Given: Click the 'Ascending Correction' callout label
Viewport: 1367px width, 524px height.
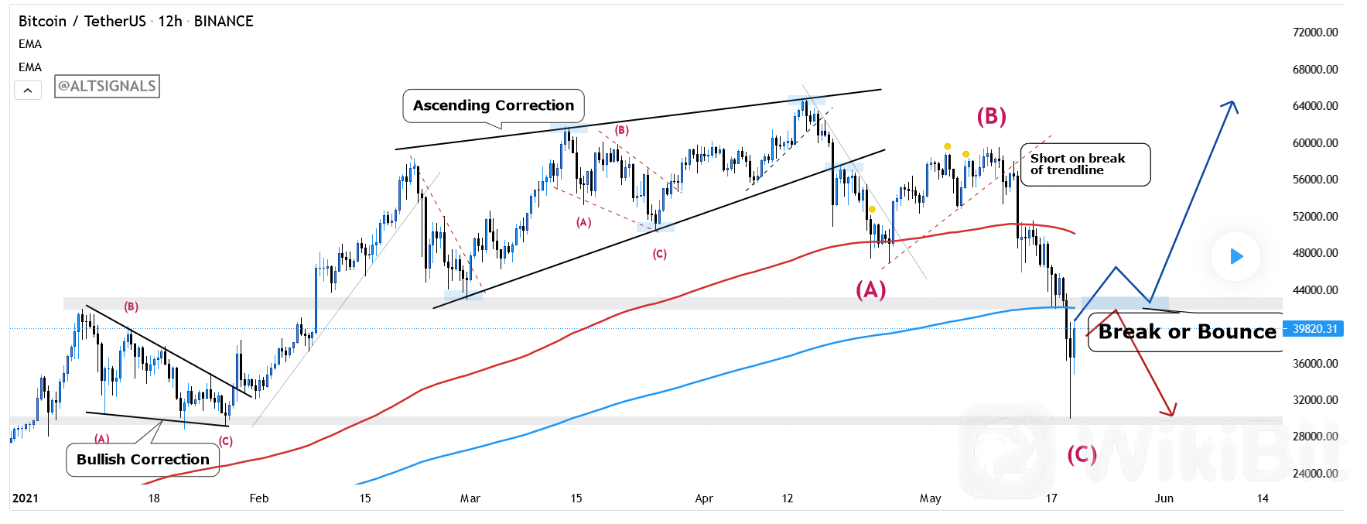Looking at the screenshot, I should pos(494,105).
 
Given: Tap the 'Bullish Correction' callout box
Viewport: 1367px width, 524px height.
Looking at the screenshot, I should pos(143,460).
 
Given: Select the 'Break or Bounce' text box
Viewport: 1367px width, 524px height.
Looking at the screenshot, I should pos(1187,332).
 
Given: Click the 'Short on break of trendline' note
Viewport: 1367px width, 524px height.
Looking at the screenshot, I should pos(1085,164).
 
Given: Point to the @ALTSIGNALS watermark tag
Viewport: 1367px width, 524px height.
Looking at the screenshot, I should pos(107,86).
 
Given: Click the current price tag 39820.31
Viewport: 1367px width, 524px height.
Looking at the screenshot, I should pos(1314,329).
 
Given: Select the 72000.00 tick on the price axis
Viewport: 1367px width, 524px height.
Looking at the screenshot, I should pos(1315,33).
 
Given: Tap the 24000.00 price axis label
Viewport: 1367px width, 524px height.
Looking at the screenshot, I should pos(1315,474).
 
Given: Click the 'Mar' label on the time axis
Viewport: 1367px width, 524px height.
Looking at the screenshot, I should pos(470,498).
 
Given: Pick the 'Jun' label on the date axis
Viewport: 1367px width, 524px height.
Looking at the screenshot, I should pos(1164,498).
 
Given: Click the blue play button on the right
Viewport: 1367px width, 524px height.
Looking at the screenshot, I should pos(1235,256).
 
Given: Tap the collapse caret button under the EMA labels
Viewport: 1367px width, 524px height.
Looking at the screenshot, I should pos(28,91).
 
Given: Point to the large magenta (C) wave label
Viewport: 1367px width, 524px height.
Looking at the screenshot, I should pos(1082,454).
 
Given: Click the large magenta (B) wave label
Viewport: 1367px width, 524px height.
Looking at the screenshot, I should pos(991,116).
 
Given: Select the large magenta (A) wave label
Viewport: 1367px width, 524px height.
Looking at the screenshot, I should pos(870,289).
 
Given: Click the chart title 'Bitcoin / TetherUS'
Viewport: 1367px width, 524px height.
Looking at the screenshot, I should pos(82,22).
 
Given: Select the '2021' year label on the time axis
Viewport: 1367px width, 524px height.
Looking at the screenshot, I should pos(26,498).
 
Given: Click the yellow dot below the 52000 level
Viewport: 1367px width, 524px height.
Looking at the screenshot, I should pos(872,209).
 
